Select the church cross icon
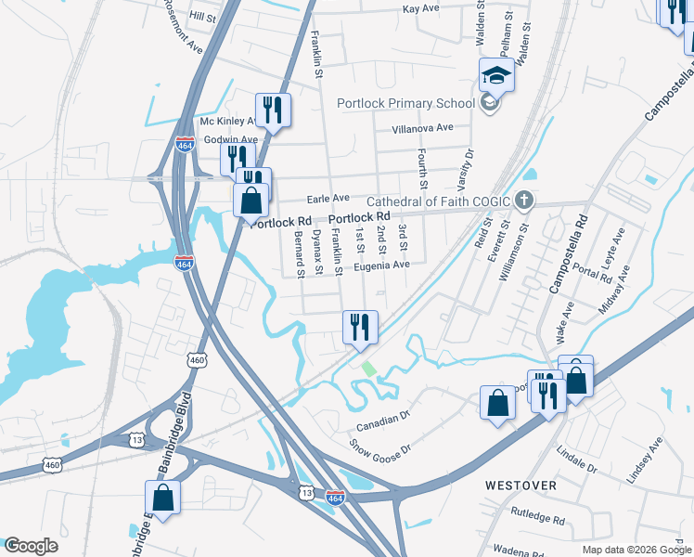(x=524, y=200)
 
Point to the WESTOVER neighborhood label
(x=520, y=486)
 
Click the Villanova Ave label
(x=422, y=127)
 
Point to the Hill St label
(x=202, y=17)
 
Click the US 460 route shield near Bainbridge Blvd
(x=196, y=359)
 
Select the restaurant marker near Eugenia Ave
(x=359, y=328)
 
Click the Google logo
(x=30, y=546)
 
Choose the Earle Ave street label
(x=328, y=198)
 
